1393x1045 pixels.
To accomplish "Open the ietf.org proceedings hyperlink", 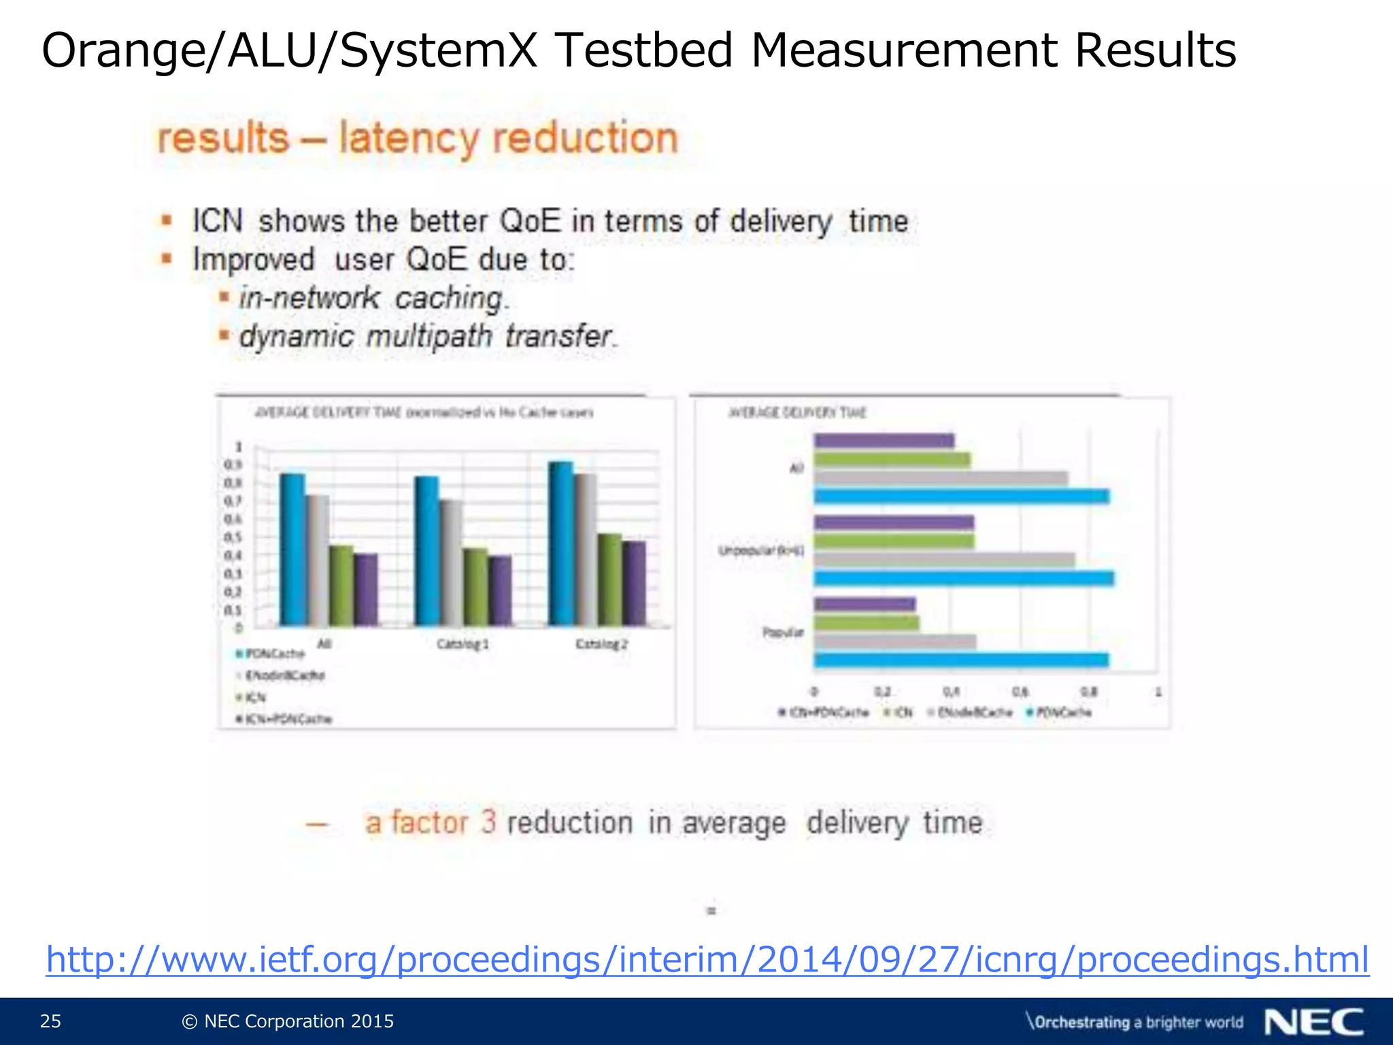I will [x=707, y=960].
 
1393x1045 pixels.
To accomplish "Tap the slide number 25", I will [x=50, y=1021].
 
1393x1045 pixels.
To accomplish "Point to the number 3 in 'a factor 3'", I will [x=488, y=823].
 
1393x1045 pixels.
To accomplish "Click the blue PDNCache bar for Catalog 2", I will [x=560, y=544].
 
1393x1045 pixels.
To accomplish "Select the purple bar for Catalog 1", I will [x=500, y=591].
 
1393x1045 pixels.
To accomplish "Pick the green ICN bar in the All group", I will [x=341, y=585].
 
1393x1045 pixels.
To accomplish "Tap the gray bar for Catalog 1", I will [x=451, y=563].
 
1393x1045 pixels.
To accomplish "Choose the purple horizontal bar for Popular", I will [x=865, y=604].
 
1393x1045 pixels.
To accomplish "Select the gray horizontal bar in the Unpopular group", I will [x=944, y=560].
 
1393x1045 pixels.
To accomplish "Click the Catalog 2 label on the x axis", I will [x=601, y=644].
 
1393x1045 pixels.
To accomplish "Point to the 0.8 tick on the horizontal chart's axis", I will [x=1089, y=692].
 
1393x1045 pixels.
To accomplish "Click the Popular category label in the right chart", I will [x=782, y=632].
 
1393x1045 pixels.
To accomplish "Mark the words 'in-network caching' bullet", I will [x=373, y=298].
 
